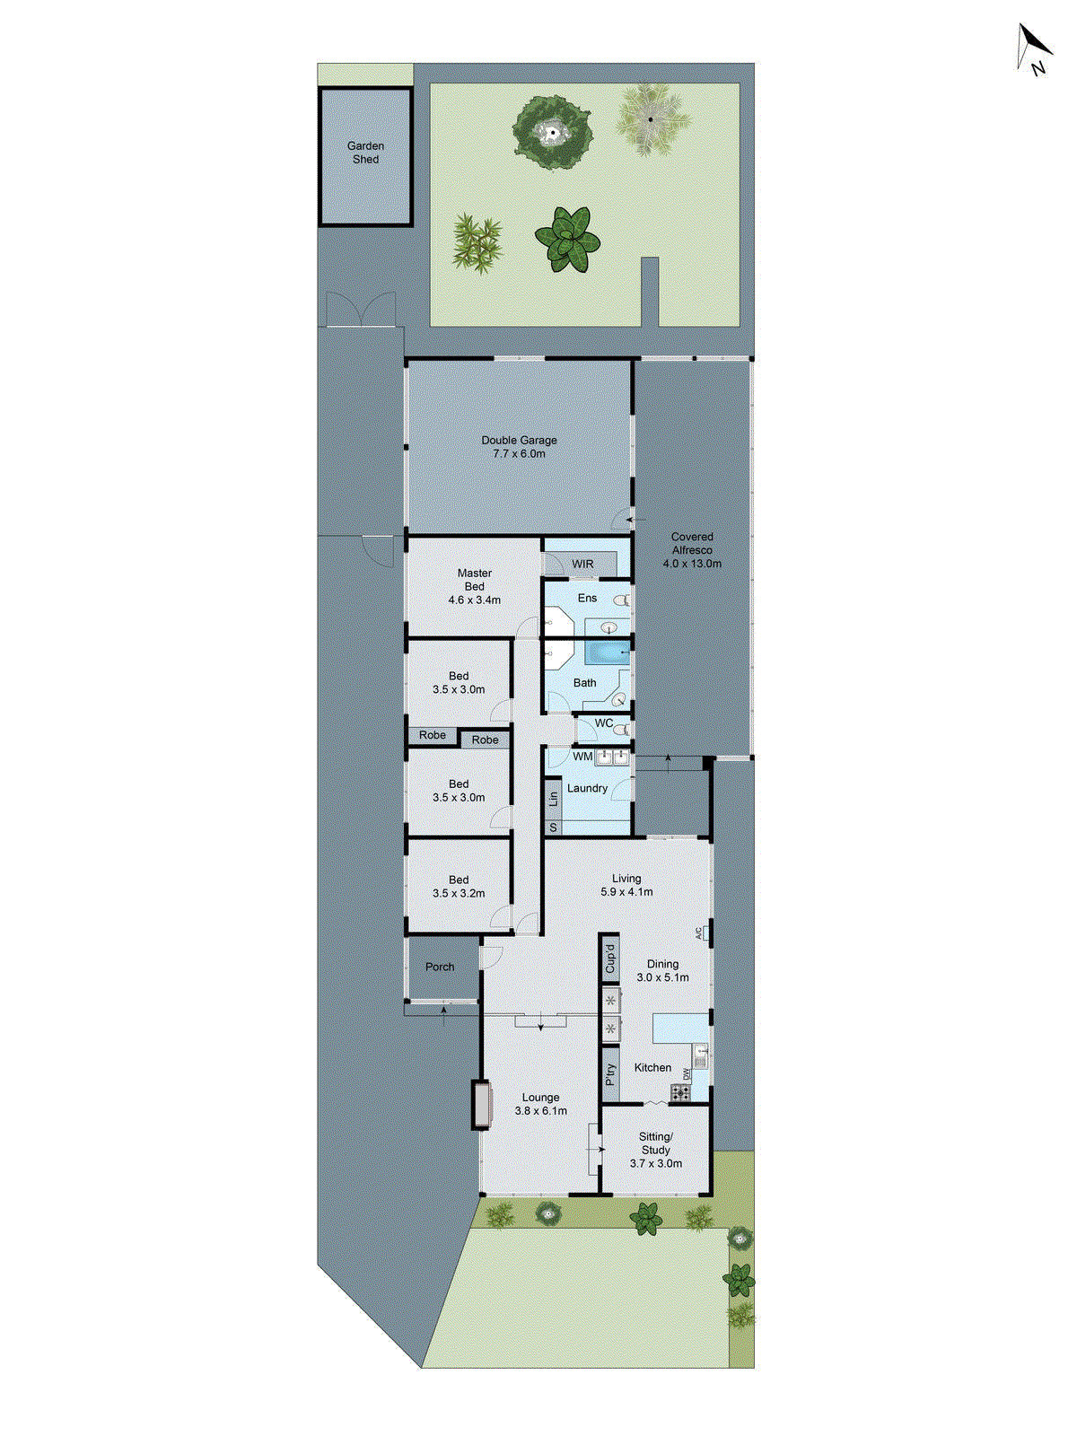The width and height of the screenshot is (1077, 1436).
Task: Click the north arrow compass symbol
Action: [1034, 48]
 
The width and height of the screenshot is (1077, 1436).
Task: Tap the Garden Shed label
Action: [365, 153]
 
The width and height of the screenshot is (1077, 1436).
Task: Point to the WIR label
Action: [582, 564]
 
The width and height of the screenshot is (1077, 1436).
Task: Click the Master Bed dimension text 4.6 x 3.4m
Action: [474, 600]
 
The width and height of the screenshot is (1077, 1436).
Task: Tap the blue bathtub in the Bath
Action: [607, 652]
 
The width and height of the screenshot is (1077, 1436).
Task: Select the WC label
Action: [604, 723]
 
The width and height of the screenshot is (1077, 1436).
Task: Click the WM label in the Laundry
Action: [582, 757]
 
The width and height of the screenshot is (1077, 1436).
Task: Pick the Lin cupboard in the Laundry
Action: [553, 796]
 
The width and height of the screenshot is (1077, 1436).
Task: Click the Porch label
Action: [440, 967]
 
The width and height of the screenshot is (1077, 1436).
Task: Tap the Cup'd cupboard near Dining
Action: [610, 959]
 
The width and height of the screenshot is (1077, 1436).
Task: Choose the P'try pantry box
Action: [610, 1074]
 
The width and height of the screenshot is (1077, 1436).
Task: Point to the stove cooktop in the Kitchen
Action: [681, 1092]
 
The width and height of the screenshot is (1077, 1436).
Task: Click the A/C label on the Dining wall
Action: [699, 933]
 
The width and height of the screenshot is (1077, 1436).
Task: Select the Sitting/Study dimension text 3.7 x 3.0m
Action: [655, 1164]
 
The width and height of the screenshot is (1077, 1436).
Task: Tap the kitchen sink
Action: [701, 1057]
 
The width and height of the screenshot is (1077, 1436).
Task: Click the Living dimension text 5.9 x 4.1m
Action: [626, 892]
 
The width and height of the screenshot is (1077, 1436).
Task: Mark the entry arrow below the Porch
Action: [444, 1014]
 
